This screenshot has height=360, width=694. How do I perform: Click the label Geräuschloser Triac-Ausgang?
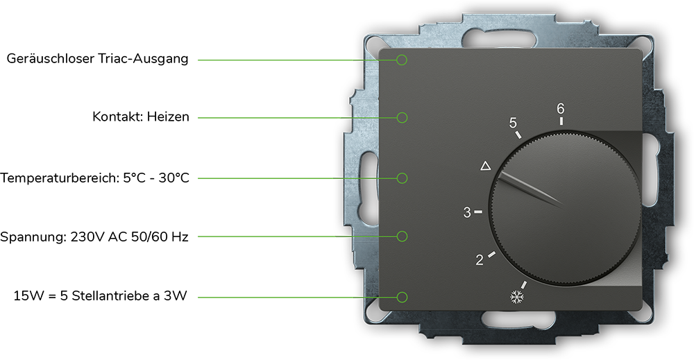[97, 59]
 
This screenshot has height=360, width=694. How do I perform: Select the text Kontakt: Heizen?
[141, 117]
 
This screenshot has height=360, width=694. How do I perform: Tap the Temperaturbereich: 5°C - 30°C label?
[94, 178]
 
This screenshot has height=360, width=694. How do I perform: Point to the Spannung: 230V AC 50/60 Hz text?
[94, 237]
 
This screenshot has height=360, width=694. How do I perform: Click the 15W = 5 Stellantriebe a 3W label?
[101, 296]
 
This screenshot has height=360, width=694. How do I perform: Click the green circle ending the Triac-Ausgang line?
[402, 60]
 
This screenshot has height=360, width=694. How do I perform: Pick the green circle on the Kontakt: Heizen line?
[402, 118]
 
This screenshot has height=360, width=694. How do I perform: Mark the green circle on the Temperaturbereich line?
[402, 178]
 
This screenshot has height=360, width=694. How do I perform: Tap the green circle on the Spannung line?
[402, 237]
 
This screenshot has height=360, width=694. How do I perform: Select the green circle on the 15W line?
[402, 297]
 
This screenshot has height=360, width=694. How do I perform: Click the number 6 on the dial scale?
[561, 108]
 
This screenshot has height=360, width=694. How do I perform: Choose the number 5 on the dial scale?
[513, 123]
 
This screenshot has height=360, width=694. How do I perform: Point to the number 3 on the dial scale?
[467, 213]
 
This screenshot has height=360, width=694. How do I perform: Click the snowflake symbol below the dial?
[516, 297]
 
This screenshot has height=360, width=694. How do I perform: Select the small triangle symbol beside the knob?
[486, 166]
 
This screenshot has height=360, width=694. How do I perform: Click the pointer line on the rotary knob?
[530, 191]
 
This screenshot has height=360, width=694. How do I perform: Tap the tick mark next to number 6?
[561, 121]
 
